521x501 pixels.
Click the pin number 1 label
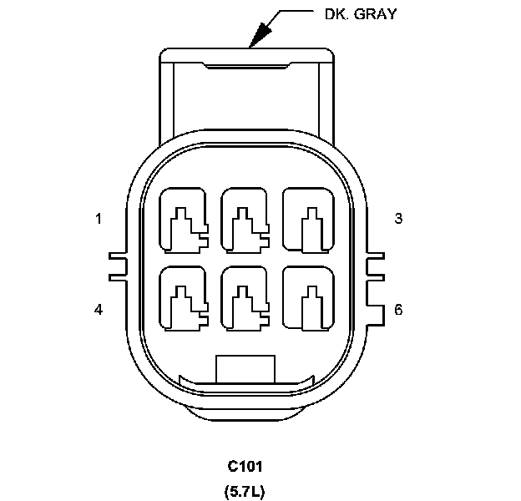click(x=99, y=219)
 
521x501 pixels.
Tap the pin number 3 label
click(x=398, y=219)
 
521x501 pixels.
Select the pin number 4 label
click(x=99, y=310)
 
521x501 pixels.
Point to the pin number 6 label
click(x=398, y=310)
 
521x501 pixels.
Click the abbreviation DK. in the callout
click(x=336, y=14)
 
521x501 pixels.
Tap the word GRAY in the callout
click(x=377, y=14)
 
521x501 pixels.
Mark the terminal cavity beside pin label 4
click(x=183, y=298)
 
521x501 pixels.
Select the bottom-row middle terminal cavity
click(x=245, y=298)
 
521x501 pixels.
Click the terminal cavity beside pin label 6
click(x=306, y=298)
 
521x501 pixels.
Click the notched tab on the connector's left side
click(x=119, y=265)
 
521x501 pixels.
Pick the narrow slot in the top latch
click(x=247, y=65)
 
